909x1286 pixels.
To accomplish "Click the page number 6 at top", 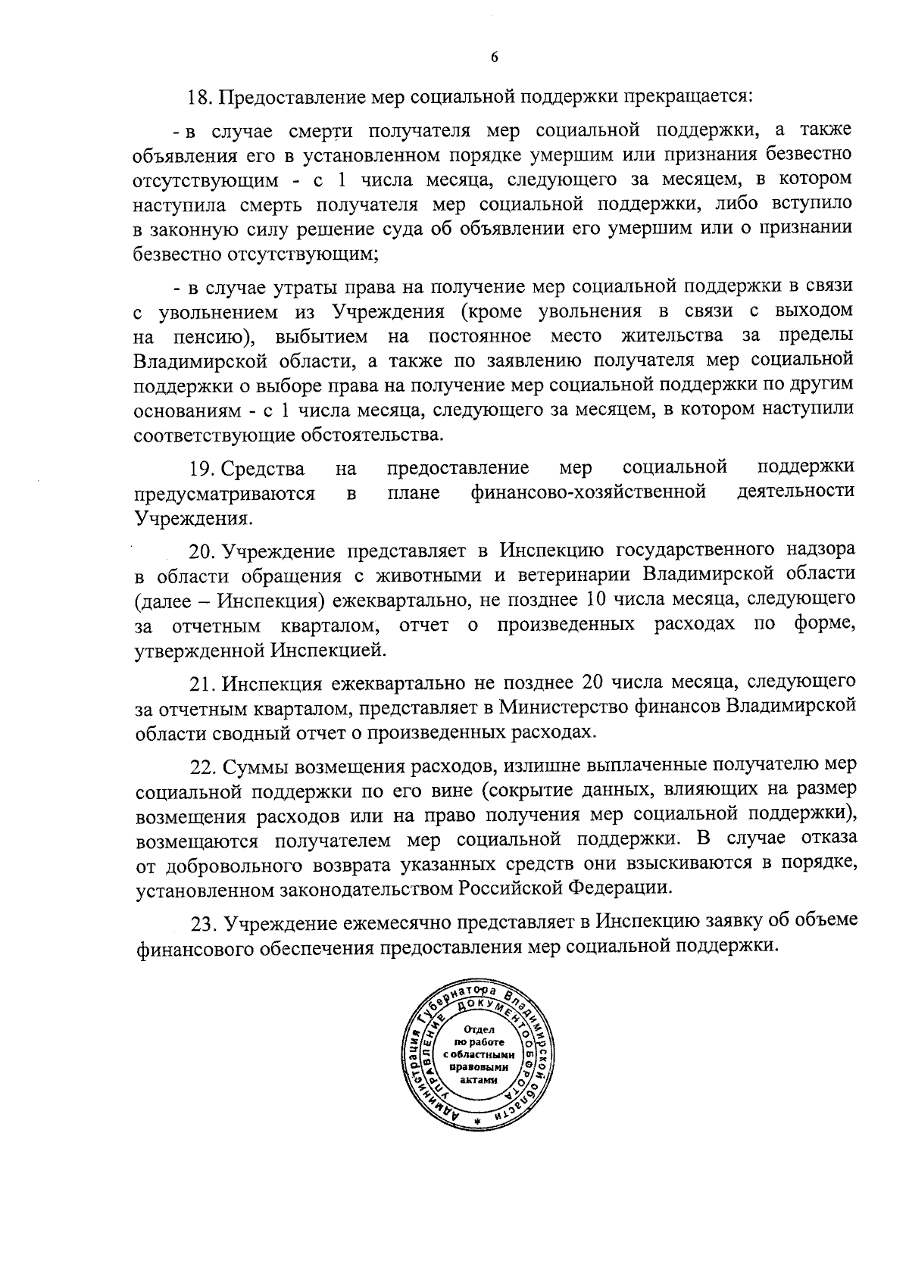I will point(494,58).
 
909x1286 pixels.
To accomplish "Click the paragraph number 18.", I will point(201,98).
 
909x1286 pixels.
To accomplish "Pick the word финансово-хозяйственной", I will point(589,492).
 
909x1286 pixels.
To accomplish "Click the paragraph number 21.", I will point(202,682).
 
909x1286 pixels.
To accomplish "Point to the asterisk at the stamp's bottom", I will point(477,1121).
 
